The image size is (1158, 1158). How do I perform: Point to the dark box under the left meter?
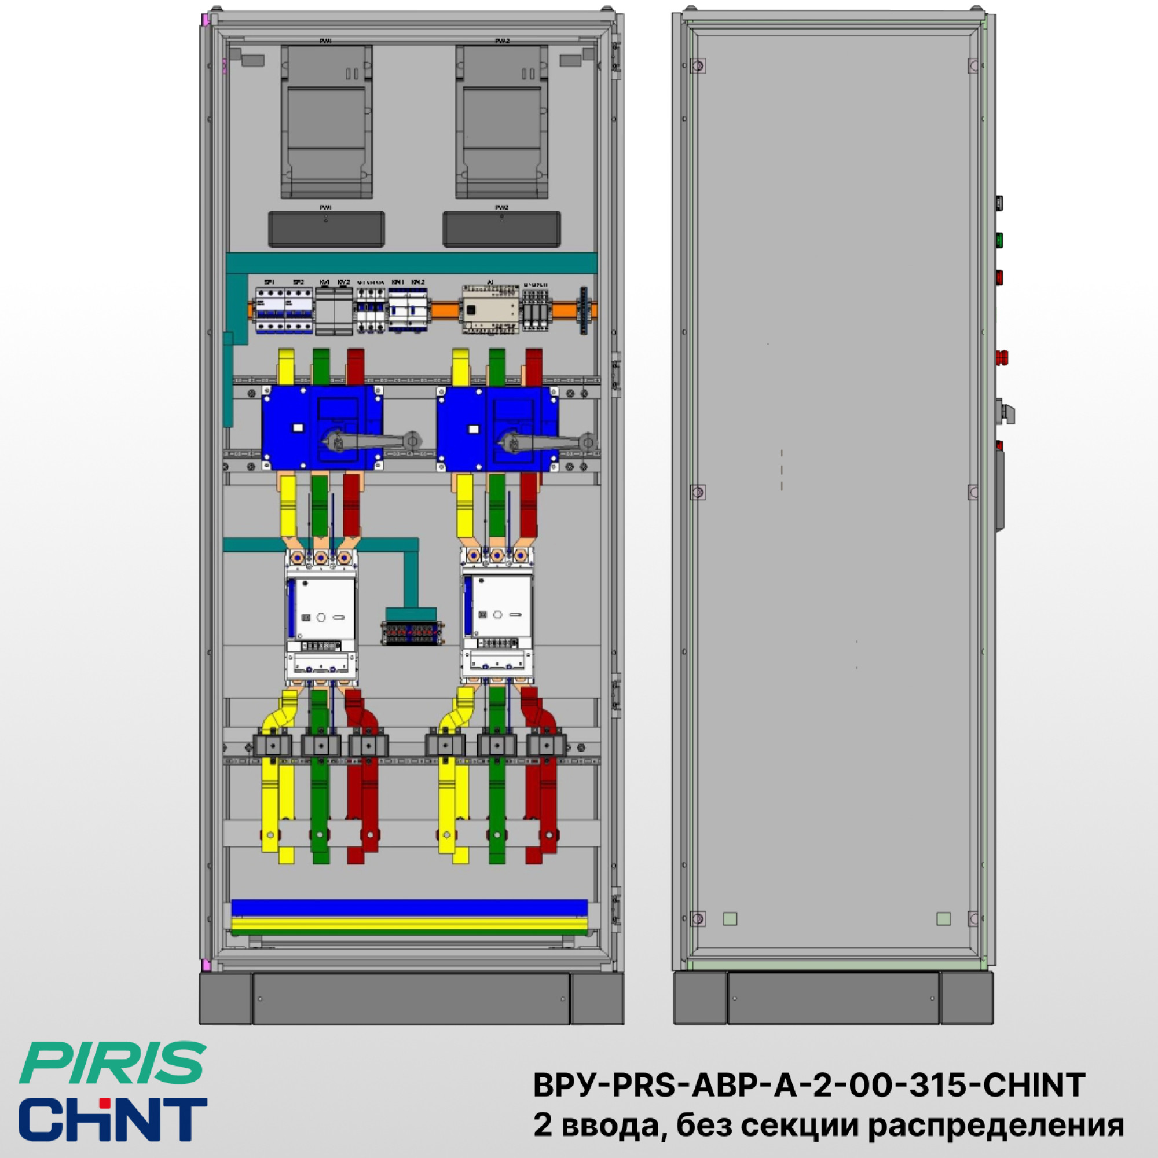(327, 229)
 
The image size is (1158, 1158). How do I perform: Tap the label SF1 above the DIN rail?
(270, 282)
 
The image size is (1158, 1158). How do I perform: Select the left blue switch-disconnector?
(322, 427)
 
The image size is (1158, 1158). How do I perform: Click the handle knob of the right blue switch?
(588, 442)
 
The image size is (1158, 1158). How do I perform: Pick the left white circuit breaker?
(321, 617)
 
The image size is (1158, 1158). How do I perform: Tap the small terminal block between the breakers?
(413, 633)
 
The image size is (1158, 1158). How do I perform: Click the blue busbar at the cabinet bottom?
(409, 907)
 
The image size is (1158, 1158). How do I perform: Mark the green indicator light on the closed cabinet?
(999, 241)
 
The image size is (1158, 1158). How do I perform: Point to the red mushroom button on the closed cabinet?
(1001, 358)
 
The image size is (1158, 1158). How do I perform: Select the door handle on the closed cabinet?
(1000, 492)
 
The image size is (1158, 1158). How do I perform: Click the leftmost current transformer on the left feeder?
(273, 746)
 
